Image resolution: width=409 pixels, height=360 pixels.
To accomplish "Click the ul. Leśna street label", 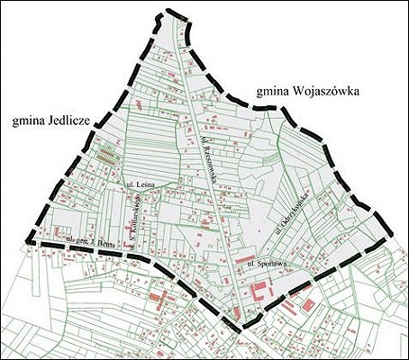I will (x=143, y=184).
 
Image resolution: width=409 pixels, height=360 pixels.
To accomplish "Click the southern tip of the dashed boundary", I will (x=243, y=327).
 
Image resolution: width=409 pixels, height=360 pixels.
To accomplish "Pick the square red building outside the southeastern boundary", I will (x=308, y=305).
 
